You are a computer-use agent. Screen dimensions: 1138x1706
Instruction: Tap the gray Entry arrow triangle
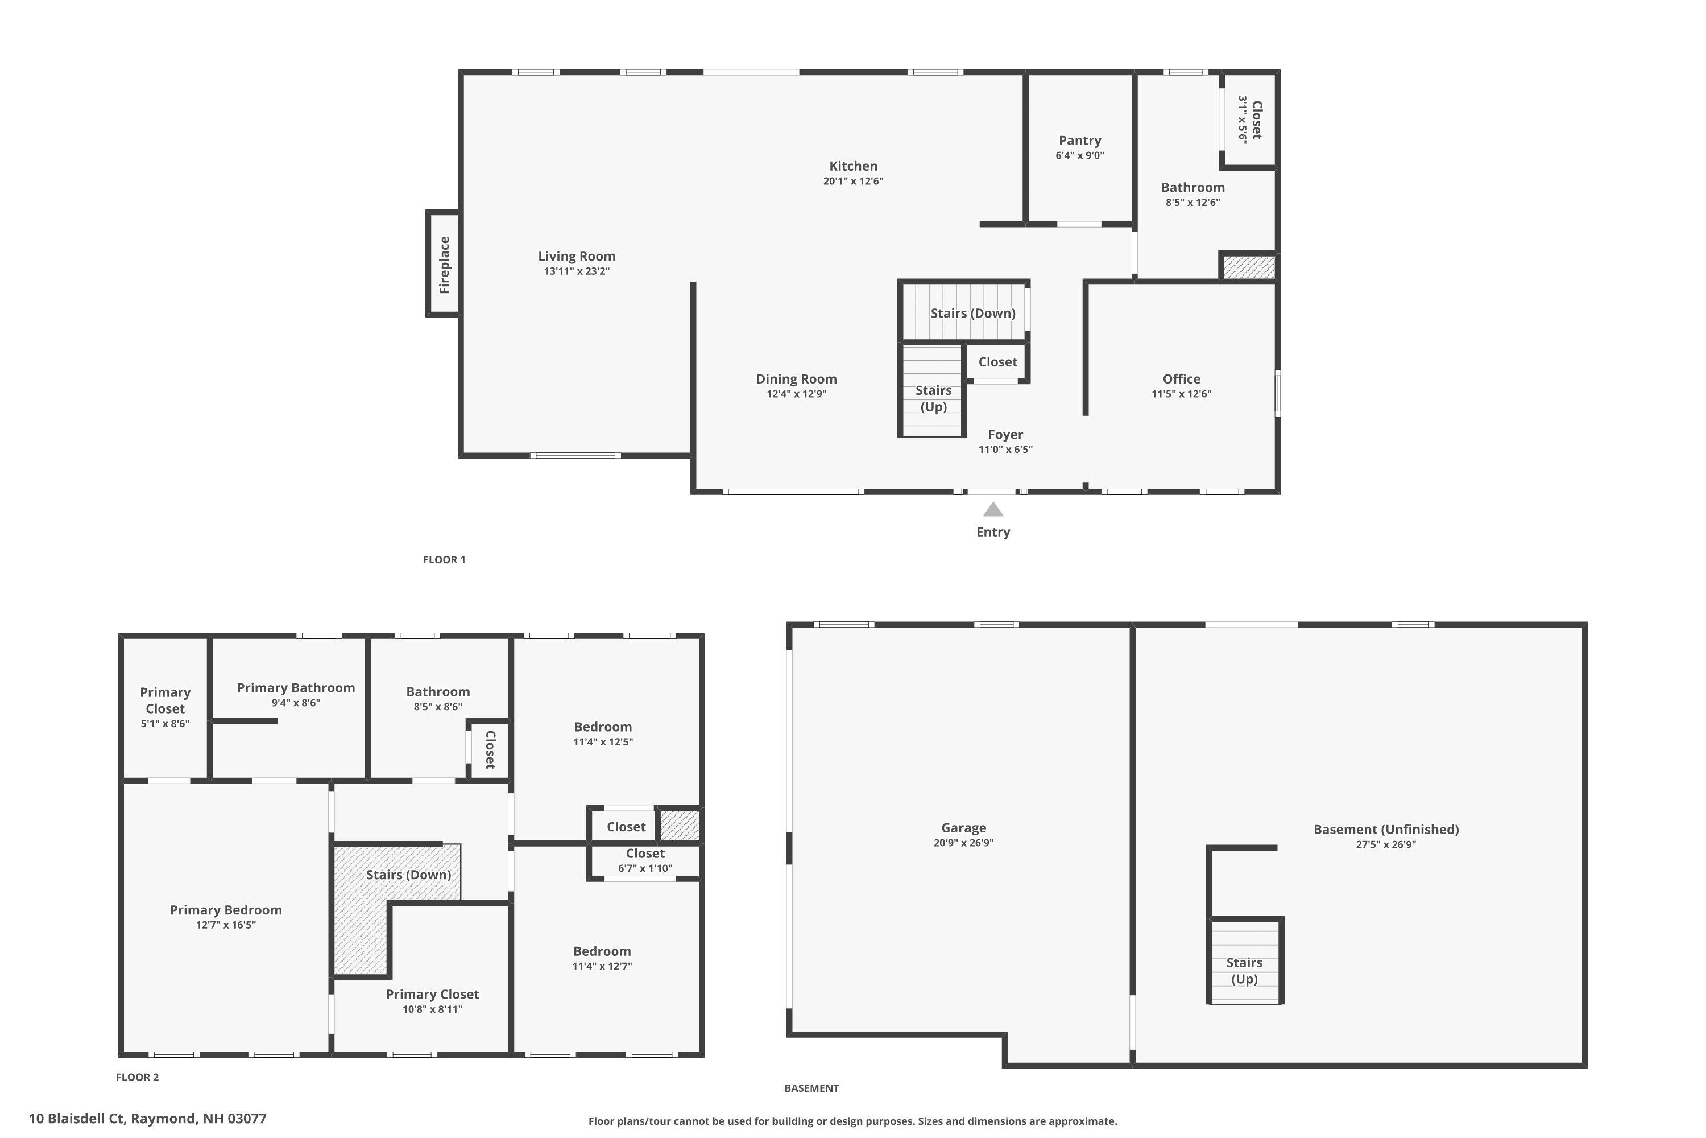pos(993,510)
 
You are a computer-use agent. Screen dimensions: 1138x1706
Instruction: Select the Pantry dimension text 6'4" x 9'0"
pos(1079,155)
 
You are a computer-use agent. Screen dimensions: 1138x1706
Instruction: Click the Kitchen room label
pos(853,166)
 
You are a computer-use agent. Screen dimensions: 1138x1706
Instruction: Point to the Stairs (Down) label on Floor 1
pos(972,313)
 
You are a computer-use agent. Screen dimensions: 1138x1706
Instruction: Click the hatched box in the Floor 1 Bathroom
pos(1248,267)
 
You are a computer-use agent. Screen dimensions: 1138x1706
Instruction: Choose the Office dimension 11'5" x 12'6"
pos(1181,394)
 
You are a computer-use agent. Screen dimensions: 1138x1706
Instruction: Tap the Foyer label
pos(1005,434)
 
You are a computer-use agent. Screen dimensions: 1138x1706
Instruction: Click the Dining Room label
pos(796,379)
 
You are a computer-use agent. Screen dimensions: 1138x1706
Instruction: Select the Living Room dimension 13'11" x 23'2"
pos(577,271)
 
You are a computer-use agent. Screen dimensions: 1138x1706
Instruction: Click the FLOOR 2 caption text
pos(137,1077)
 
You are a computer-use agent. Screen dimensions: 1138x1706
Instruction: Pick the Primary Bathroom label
pos(296,687)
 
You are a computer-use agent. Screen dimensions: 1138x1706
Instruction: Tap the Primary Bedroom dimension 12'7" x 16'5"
pos(226,925)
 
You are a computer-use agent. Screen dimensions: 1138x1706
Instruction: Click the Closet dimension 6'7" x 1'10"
pos(645,868)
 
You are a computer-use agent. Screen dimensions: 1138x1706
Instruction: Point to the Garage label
pos(963,827)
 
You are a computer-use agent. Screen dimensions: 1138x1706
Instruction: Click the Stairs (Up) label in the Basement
pos(1244,970)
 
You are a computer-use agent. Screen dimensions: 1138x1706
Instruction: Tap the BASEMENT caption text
pos(811,1088)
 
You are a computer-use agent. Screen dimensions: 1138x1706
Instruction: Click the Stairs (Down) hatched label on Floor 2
pos(408,875)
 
